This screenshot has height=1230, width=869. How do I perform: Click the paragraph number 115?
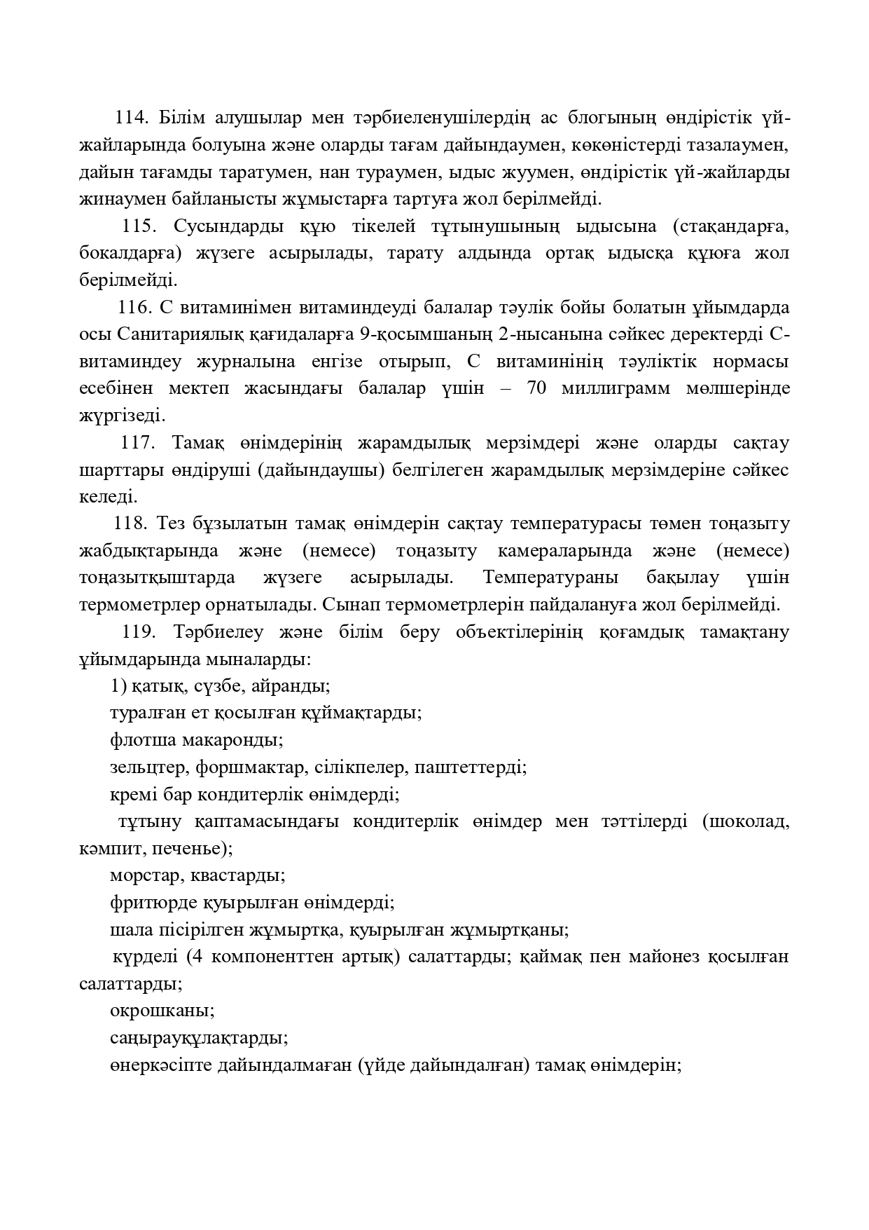click(x=139, y=226)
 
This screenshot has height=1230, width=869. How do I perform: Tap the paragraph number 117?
click(x=137, y=443)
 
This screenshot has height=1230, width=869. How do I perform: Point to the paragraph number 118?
click(x=130, y=524)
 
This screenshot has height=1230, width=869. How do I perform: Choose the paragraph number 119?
click(x=139, y=632)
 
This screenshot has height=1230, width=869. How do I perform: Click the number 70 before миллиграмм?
click(x=536, y=388)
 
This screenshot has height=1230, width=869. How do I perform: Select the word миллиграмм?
click(x=616, y=388)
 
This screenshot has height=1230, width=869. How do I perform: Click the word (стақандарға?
click(x=729, y=226)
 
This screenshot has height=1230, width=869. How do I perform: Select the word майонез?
click(x=656, y=957)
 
